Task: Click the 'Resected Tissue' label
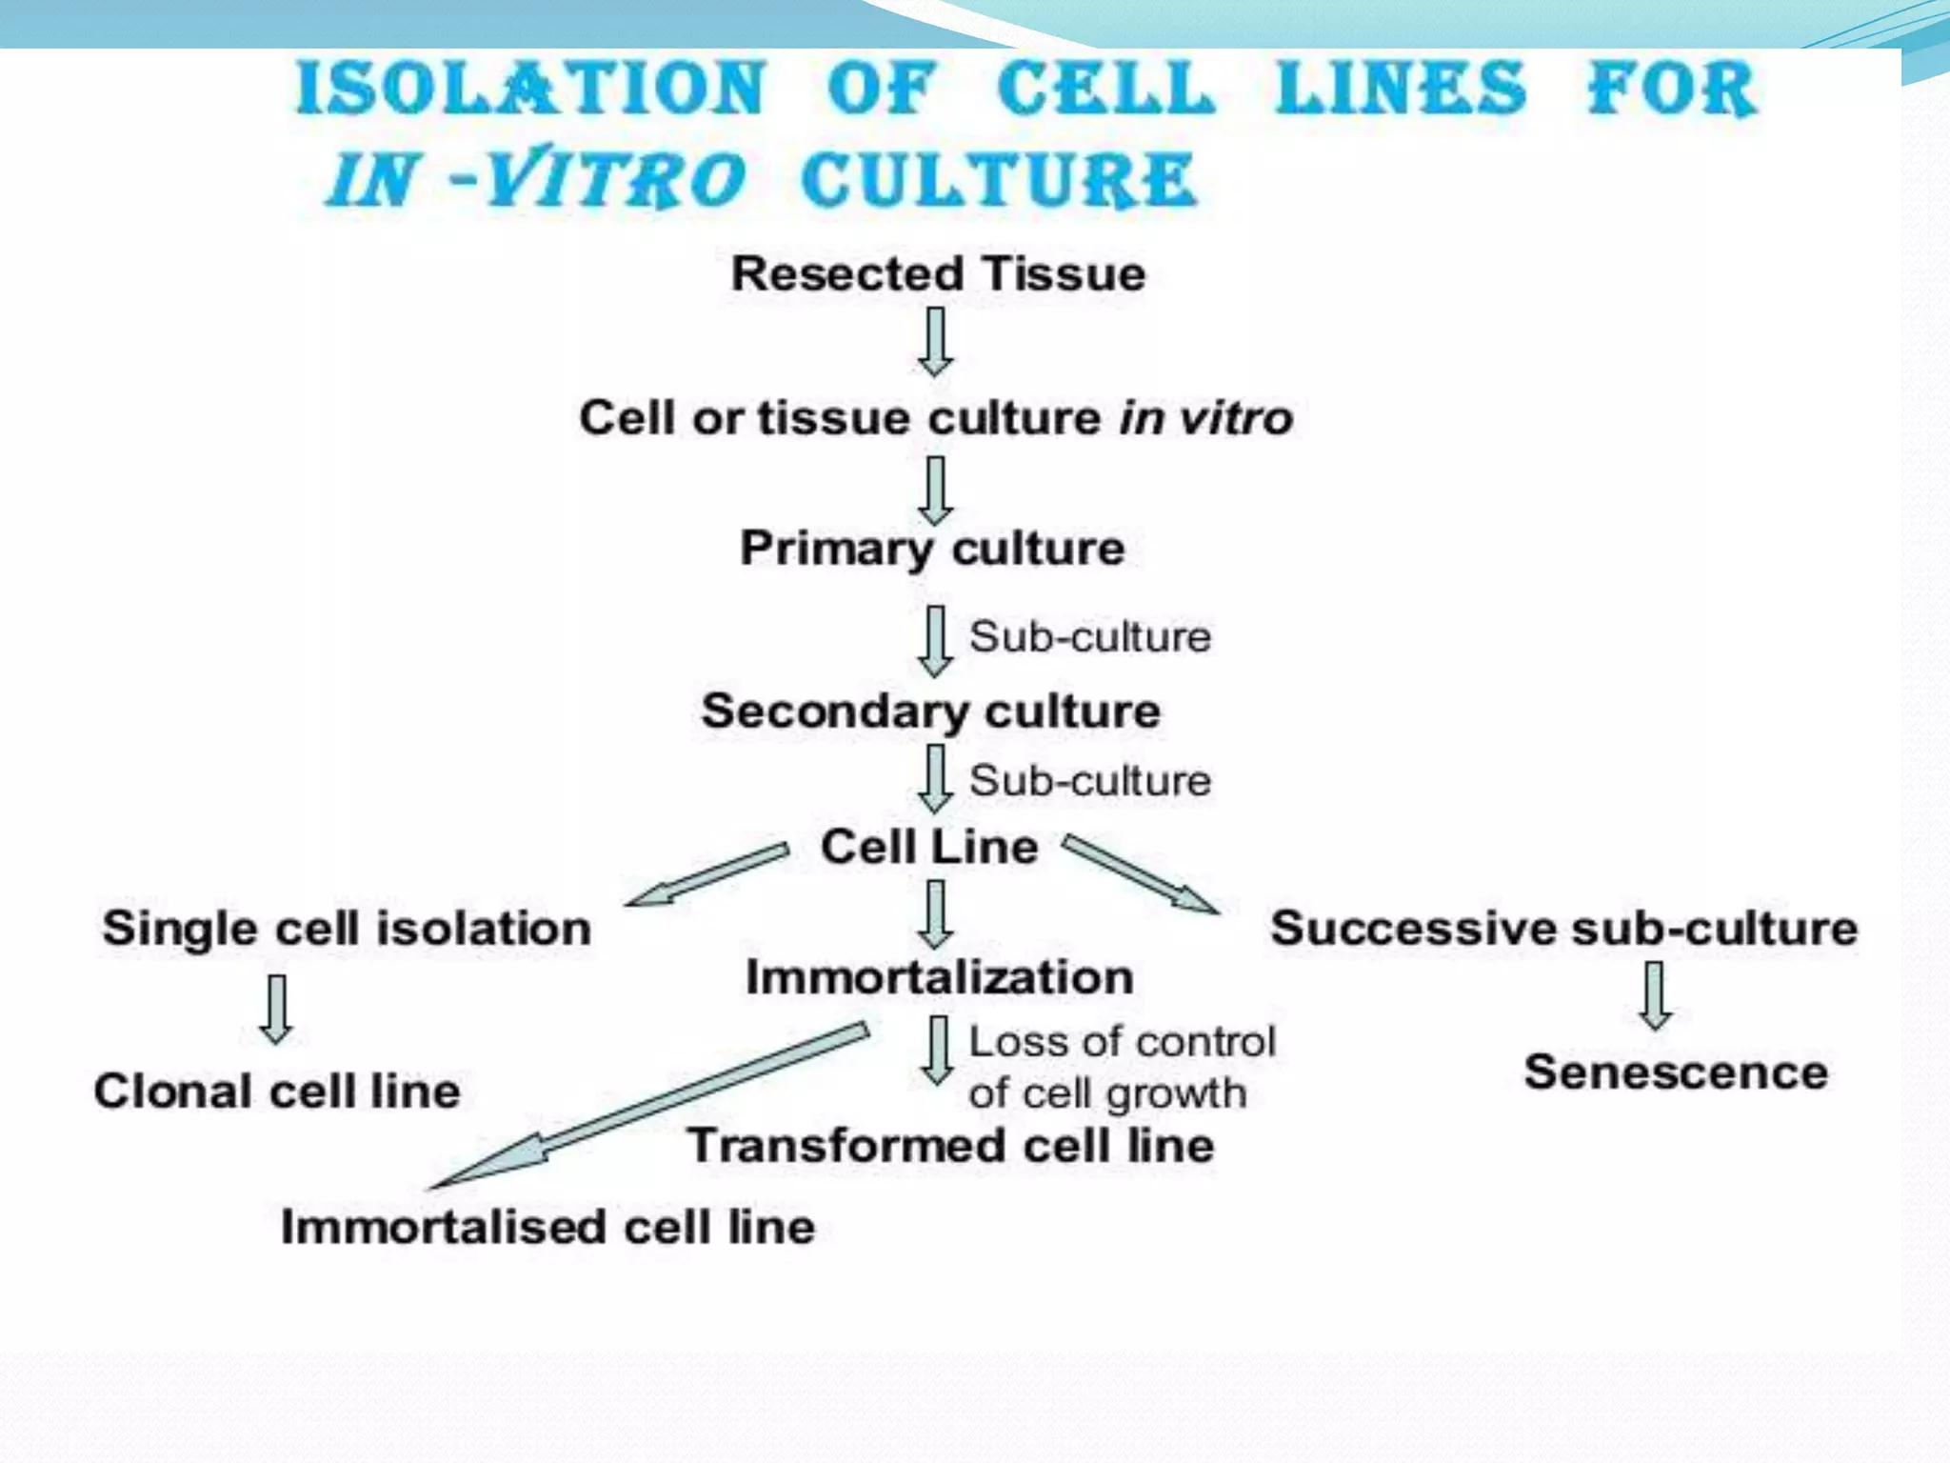point(938,274)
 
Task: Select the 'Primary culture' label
point(932,549)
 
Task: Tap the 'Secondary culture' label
point(930,711)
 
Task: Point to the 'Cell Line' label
point(929,847)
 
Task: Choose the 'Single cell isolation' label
point(347,929)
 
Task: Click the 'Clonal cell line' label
point(277,1092)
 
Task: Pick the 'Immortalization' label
point(939,977)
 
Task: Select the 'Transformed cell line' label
point(950,1145)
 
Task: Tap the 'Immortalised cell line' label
point(547,1227)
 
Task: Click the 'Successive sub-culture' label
point(1563,929)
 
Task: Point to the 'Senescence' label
point(1676,1072)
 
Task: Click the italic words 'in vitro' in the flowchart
point(1205,418)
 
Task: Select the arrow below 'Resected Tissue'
point(936,341)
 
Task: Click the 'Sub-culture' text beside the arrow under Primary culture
point(1089,637)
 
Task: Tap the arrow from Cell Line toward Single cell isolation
point(706,874)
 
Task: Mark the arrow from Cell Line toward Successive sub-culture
point(1139,873)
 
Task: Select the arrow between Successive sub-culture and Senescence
point(1655,995)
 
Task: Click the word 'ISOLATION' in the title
point(530,89)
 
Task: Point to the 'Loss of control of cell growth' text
point(1121,1068)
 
